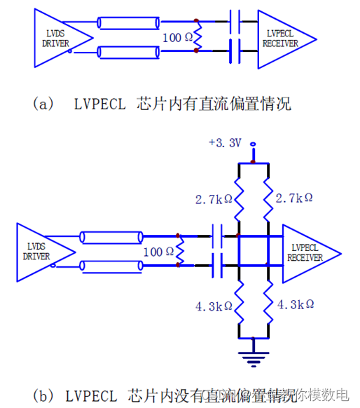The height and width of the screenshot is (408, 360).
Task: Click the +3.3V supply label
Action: (225, 143)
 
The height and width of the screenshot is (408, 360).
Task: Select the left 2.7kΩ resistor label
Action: (213, 198)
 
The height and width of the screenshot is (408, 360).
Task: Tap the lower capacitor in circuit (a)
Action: (235, 50)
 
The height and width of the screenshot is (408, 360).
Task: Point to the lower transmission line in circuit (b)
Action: (102, 265)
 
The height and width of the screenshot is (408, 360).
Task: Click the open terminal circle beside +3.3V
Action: (253, 145)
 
